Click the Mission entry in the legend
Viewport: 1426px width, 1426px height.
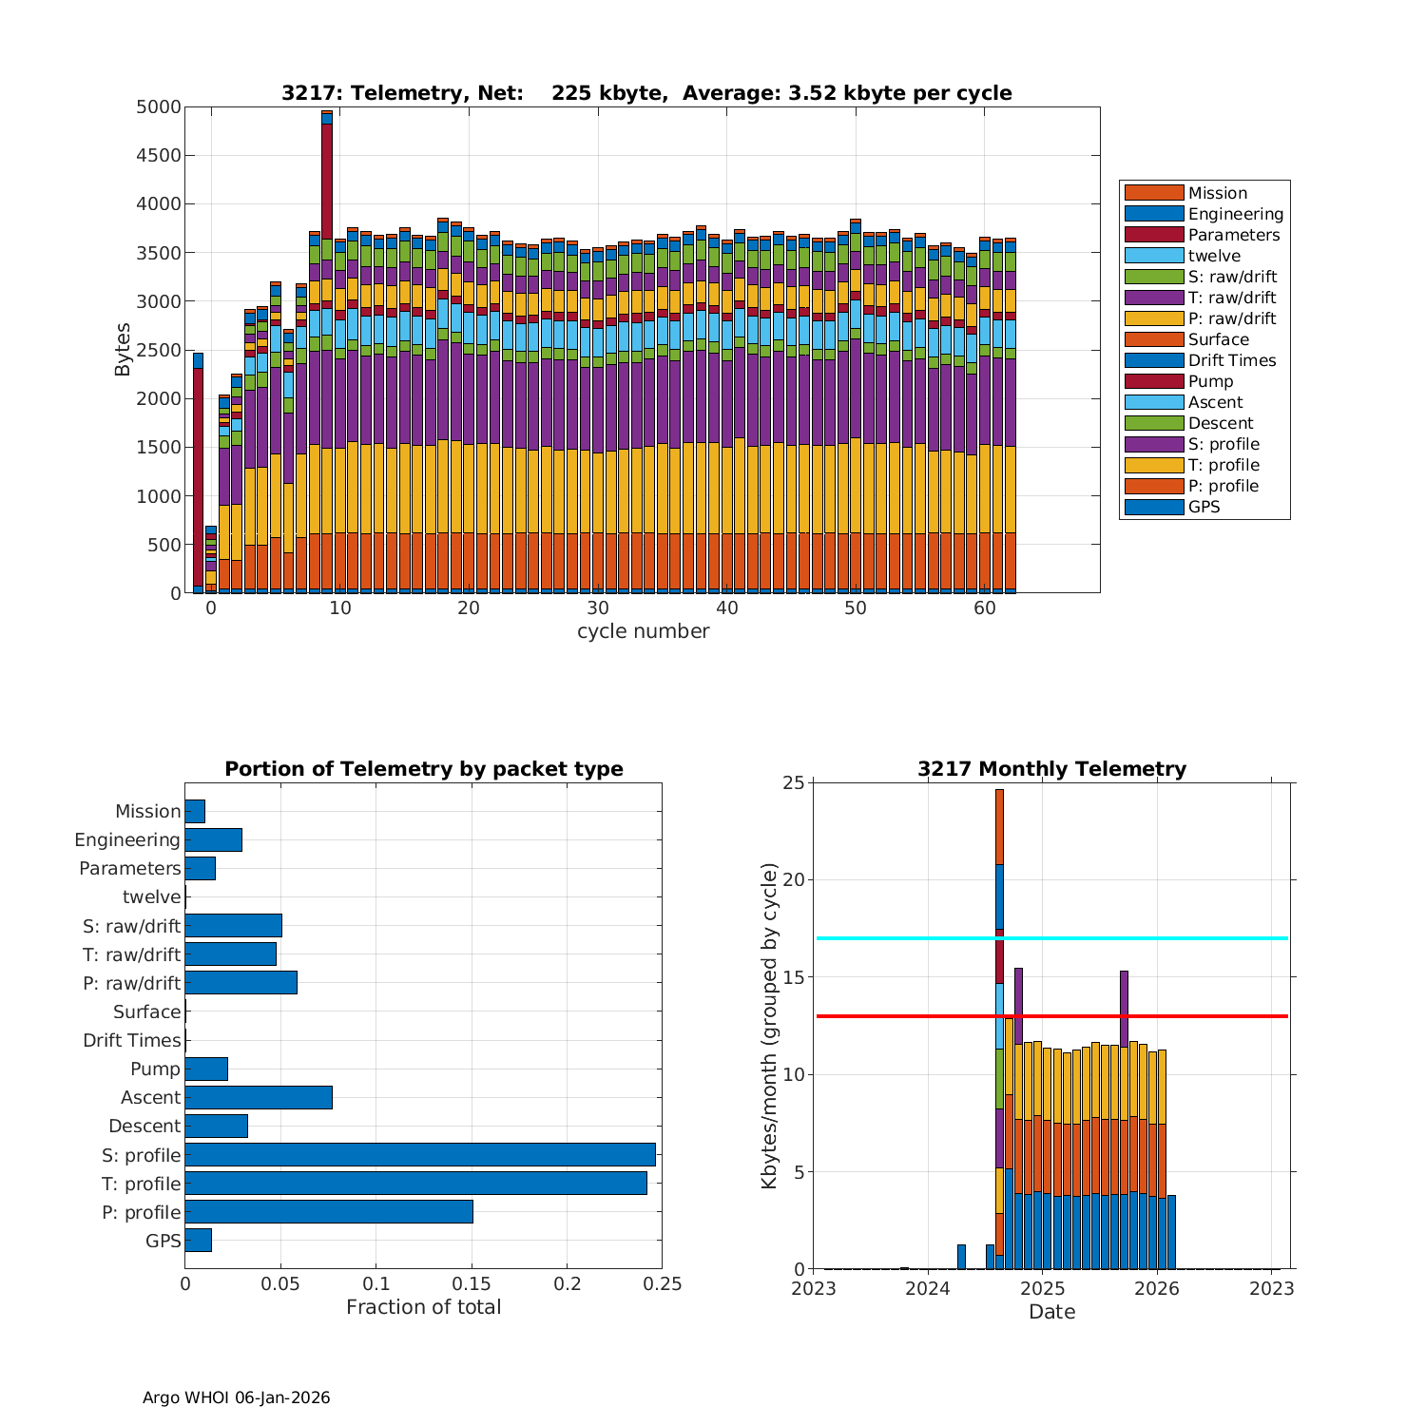(1217, 193)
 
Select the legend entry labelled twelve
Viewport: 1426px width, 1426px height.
(1214, 256)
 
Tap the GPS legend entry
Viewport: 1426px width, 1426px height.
(1204, 507)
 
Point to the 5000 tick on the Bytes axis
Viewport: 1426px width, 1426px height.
(158, 107)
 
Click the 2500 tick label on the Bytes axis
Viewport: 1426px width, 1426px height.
(158, 350)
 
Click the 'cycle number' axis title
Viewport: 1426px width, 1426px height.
(643, 631)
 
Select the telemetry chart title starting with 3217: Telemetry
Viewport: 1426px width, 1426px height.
(646, 93)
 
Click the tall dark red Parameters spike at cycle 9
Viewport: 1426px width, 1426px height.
(327, 181)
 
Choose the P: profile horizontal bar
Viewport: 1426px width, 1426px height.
(329, 1212)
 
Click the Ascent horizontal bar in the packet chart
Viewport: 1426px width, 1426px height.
(259, 1097)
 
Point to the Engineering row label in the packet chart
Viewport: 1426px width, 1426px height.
(127, 839)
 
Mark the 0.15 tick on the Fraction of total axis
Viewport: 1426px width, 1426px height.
(472, 1284)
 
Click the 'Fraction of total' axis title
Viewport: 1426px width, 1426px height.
(423, 1307)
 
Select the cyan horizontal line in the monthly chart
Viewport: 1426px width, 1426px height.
(1141, 938)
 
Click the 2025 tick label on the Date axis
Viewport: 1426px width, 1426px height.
(1042, 1288)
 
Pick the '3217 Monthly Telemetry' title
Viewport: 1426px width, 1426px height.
(1051, 769)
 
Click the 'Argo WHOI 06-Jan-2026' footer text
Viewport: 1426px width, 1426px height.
(236, 1397)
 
